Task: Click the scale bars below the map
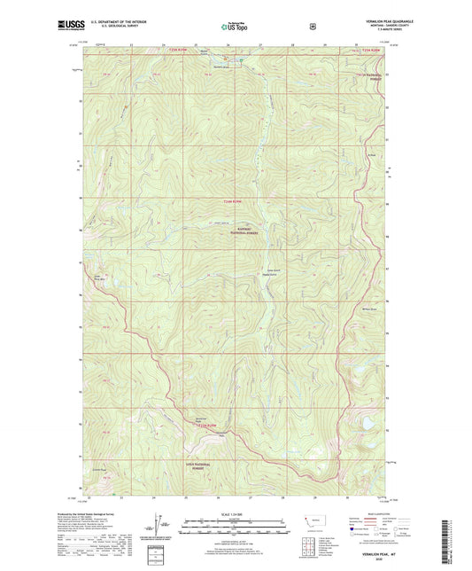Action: (236, 529)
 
